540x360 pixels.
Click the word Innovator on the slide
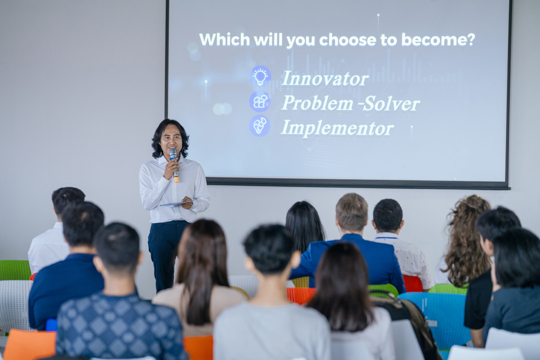(325, 78)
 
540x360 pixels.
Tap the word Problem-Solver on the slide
(350, 103)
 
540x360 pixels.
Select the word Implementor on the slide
(337, 127)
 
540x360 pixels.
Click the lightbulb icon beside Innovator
(260, 76)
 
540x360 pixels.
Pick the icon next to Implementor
(260, 125)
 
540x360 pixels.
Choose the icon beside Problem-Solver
(260, 101)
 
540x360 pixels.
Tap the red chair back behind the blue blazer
(412, 283)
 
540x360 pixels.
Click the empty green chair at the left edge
(14, 270)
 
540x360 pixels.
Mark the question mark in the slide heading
(470, 39)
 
